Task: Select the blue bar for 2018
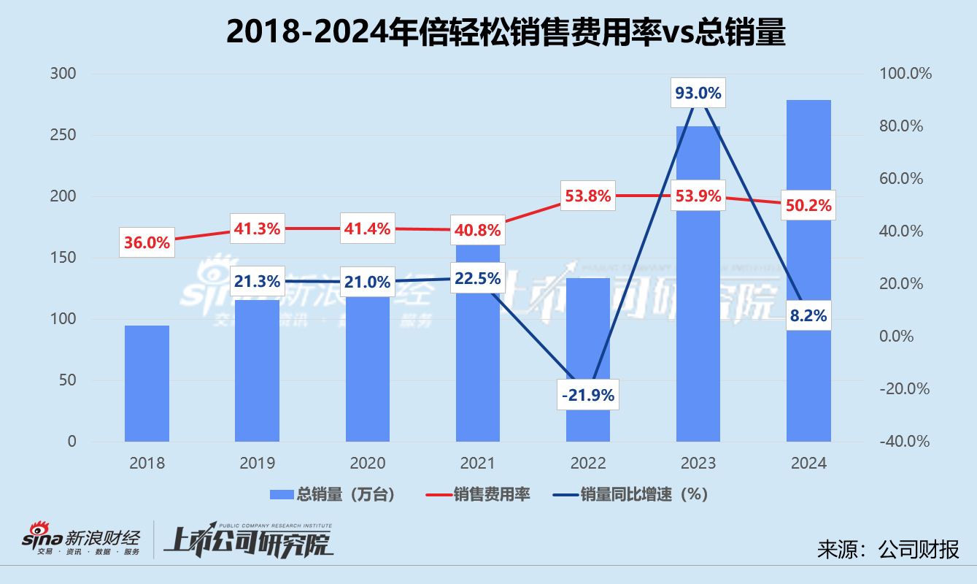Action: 147,383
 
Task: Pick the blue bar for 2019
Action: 257,372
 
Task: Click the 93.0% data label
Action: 698,93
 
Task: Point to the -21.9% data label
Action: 588,395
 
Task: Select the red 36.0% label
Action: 147,243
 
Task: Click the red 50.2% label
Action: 808,206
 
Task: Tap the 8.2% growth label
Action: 808,315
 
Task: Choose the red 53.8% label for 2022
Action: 587,196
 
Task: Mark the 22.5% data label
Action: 477,278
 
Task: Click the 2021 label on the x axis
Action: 477,464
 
